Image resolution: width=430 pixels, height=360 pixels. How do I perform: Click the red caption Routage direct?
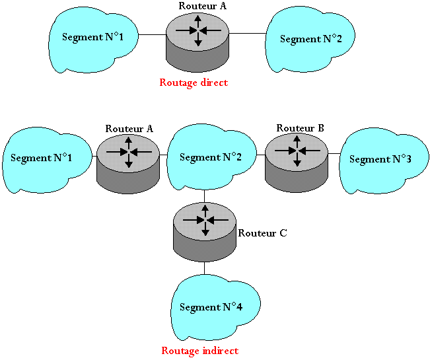click(194, 83)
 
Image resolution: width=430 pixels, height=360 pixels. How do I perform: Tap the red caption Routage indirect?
click(199, 351)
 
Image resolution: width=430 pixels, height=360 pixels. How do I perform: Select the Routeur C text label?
click(262, 233)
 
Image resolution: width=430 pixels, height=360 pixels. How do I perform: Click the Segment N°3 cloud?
click(379, 159)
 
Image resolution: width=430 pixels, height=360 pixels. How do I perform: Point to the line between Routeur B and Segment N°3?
click(334, 153)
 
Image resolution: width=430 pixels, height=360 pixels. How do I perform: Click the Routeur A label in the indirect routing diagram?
click(129, 128)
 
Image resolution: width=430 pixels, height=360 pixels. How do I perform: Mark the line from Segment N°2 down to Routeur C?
click(205, 196)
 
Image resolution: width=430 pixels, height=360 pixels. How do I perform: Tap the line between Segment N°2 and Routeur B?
click(260, 154)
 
